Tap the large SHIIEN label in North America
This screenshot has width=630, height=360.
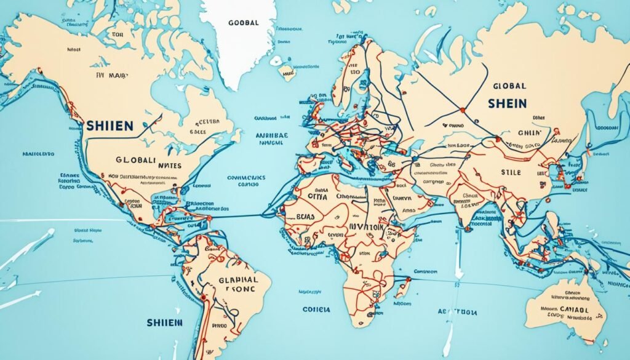pyautogui.click(x=110, y=126)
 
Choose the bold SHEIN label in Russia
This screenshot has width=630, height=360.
pyautogui.click(x=508, y=104)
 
